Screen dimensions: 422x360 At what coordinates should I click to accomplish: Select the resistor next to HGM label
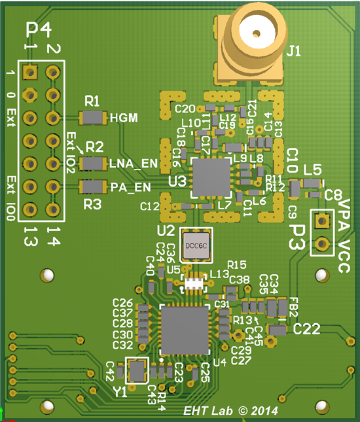coord(93,118)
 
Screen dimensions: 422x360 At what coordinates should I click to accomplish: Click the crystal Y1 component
coord(137,370)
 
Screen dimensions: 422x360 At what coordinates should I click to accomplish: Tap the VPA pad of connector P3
coord(321,221)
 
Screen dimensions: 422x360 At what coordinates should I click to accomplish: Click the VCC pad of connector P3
coord(321,245)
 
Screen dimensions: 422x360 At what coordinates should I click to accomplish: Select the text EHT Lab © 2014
coord(230,411)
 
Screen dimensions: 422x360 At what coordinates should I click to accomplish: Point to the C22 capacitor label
coord(306,328)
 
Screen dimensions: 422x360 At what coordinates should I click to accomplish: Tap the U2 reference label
coord(166,231)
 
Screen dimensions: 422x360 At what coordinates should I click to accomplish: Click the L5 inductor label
coord(312,170)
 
